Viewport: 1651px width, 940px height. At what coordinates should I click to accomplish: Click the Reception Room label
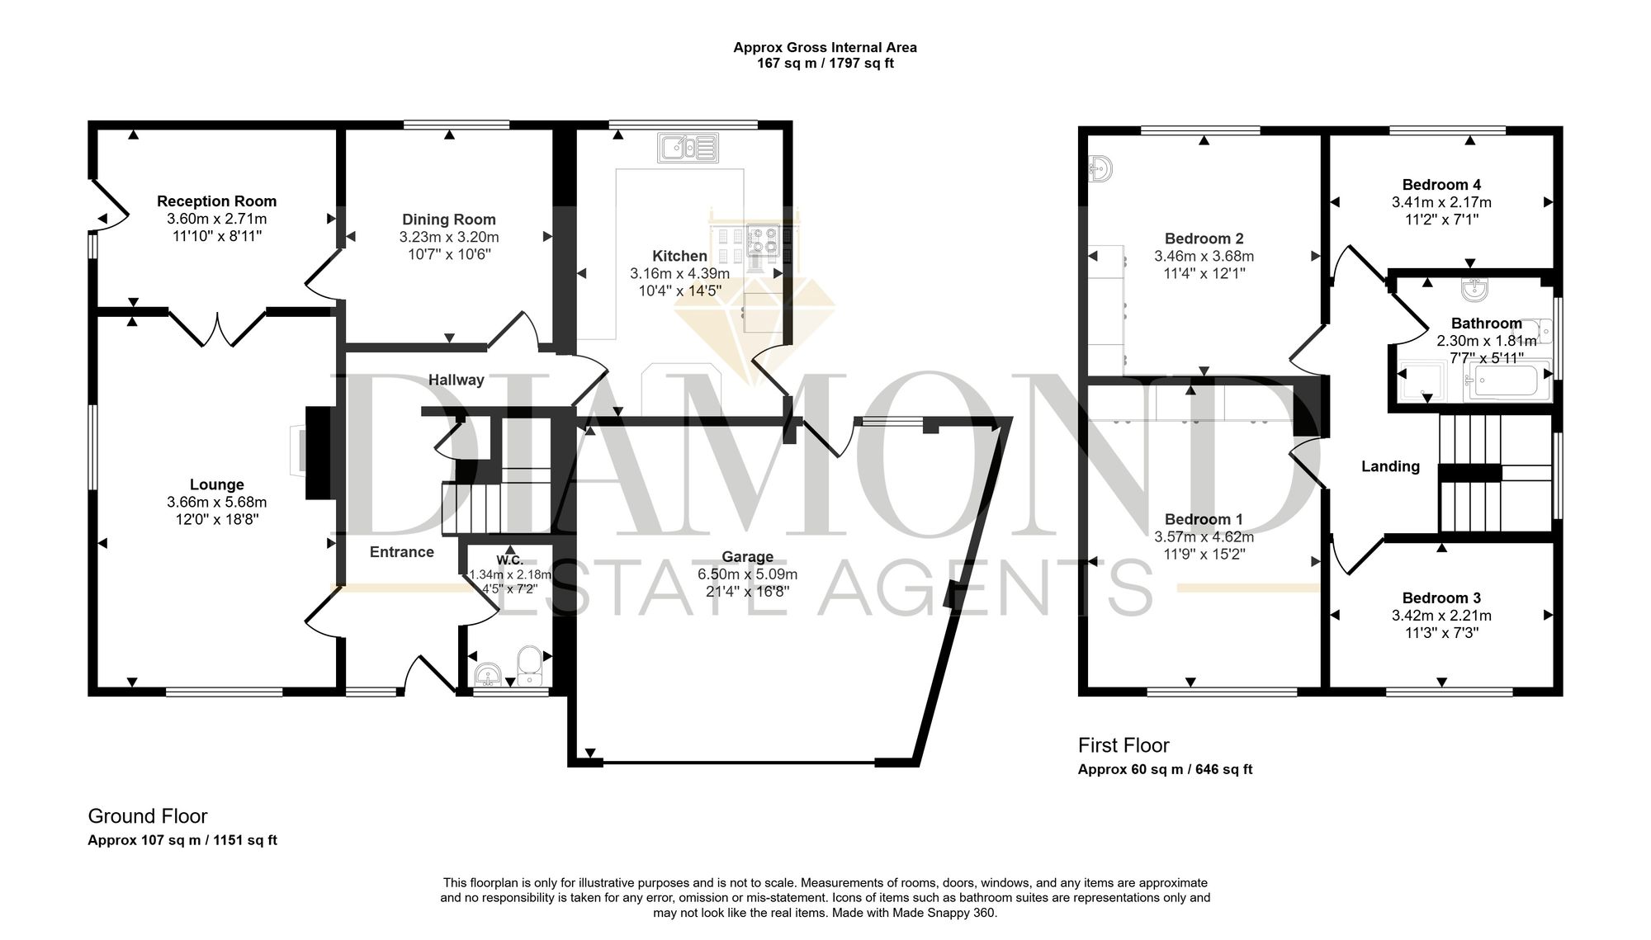[217, 201]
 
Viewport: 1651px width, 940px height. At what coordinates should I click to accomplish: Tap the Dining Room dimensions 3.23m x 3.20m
[449, 237]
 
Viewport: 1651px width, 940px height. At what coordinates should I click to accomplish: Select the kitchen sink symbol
[688, 147]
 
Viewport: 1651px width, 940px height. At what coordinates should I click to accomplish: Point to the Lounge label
[217, 485]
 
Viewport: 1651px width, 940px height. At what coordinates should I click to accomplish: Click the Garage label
[748, 557]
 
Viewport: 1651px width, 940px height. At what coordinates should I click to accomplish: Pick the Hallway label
[456, 380]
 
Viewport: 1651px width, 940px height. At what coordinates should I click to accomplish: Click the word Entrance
[402, 552]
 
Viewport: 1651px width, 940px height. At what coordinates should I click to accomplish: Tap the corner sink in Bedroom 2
[1100, 168]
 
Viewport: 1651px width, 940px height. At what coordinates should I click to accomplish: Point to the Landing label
[1390, 467]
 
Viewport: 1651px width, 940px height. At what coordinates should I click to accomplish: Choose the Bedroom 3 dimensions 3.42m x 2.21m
[1441, 616]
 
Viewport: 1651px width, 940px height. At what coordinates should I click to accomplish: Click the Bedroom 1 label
[1204, 519]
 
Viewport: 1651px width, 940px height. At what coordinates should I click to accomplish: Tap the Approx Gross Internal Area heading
[825, 48]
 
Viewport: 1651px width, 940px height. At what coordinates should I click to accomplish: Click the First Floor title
[1124, 746]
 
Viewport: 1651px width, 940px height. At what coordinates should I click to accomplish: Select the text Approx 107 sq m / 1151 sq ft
[182, 841]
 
